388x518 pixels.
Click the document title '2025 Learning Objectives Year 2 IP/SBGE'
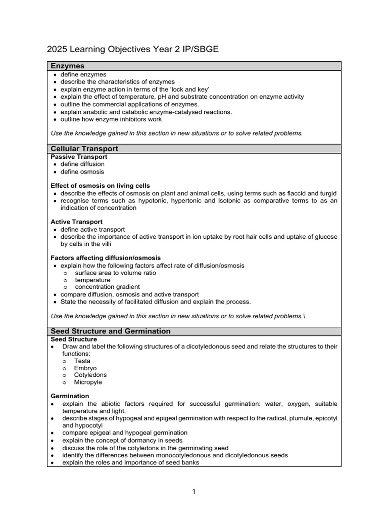tap(133, 49)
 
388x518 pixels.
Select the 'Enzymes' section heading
tap(68, 66)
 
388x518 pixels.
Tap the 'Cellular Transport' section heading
tap(84, 149)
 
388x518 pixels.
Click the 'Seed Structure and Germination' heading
tap(111, 331)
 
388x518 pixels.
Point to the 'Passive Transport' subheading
tap(79, 157)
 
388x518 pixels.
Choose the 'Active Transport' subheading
tap(77, 222)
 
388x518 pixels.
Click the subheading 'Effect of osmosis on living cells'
tap(101, 186)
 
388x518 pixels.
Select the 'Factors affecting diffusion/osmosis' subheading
tap(106, 258)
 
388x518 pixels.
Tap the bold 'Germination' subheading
tap(70, 396)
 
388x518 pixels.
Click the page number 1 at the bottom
tap(193, 492)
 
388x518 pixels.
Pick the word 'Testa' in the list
tap(82, 361)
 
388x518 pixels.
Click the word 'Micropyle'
tap(88, 382)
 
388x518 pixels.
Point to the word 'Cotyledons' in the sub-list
tap(90, 375)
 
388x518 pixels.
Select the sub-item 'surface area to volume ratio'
tap(116, 273)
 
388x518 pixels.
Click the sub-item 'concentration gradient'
tap(108, 287)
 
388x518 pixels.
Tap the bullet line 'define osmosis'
tap(82, 171)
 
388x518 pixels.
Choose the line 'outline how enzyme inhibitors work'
tap(111, 119)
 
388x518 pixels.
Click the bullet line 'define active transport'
tap(92, 230)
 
